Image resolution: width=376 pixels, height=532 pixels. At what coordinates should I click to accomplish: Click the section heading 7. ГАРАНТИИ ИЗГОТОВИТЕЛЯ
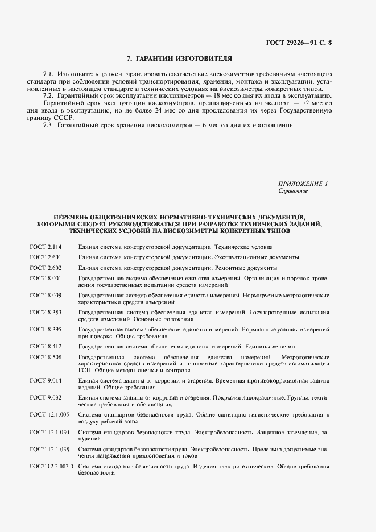(x=179, y=59)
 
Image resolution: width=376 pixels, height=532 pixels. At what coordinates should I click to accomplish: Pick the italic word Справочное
(x=293, y=191)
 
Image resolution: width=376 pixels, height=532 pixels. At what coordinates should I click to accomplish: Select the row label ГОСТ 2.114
(x=46, y=247)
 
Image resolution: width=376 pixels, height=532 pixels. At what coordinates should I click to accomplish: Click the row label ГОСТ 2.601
(x=46, y=257)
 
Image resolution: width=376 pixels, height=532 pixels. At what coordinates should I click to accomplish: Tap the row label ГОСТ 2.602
(x=46, y=268)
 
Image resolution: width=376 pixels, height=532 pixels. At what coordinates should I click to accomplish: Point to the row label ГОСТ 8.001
(x=46, y=278)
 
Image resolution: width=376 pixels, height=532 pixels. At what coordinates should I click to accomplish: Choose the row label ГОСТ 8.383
(x=46, y=313)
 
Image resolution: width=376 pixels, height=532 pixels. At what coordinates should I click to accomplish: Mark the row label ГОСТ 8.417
(x=46, y=347)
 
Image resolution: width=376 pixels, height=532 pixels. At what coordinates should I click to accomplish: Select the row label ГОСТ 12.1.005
(x=49, y=415)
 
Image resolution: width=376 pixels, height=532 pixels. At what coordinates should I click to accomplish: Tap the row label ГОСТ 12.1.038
(x=49, y=449)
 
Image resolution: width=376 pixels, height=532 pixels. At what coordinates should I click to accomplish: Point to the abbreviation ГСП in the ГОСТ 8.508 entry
(x=85, y=370)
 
